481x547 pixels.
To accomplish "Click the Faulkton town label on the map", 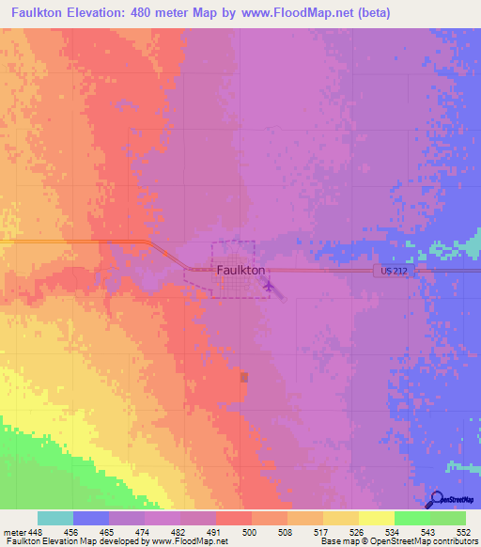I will pos(241,270).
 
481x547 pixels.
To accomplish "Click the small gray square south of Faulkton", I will pos(245,377).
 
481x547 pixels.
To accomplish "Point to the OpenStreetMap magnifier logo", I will pos(435,499).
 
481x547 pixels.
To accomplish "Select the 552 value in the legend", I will pos(464,532).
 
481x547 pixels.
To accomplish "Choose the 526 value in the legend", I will pos(358,532).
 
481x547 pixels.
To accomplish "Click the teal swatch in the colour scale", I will pos(55,518).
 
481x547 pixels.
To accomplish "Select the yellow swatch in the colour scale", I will pos(377,518).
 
